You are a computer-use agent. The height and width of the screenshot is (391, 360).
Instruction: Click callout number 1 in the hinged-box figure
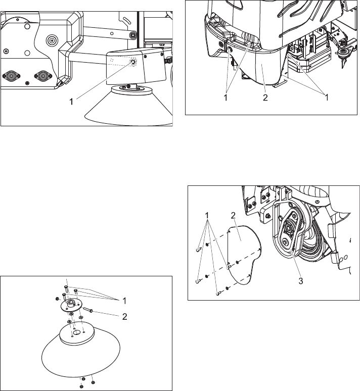(72, 101)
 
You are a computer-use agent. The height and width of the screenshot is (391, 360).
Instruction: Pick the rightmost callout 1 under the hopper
(326, 97)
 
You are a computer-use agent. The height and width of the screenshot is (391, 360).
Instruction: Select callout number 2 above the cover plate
(233, 216)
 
